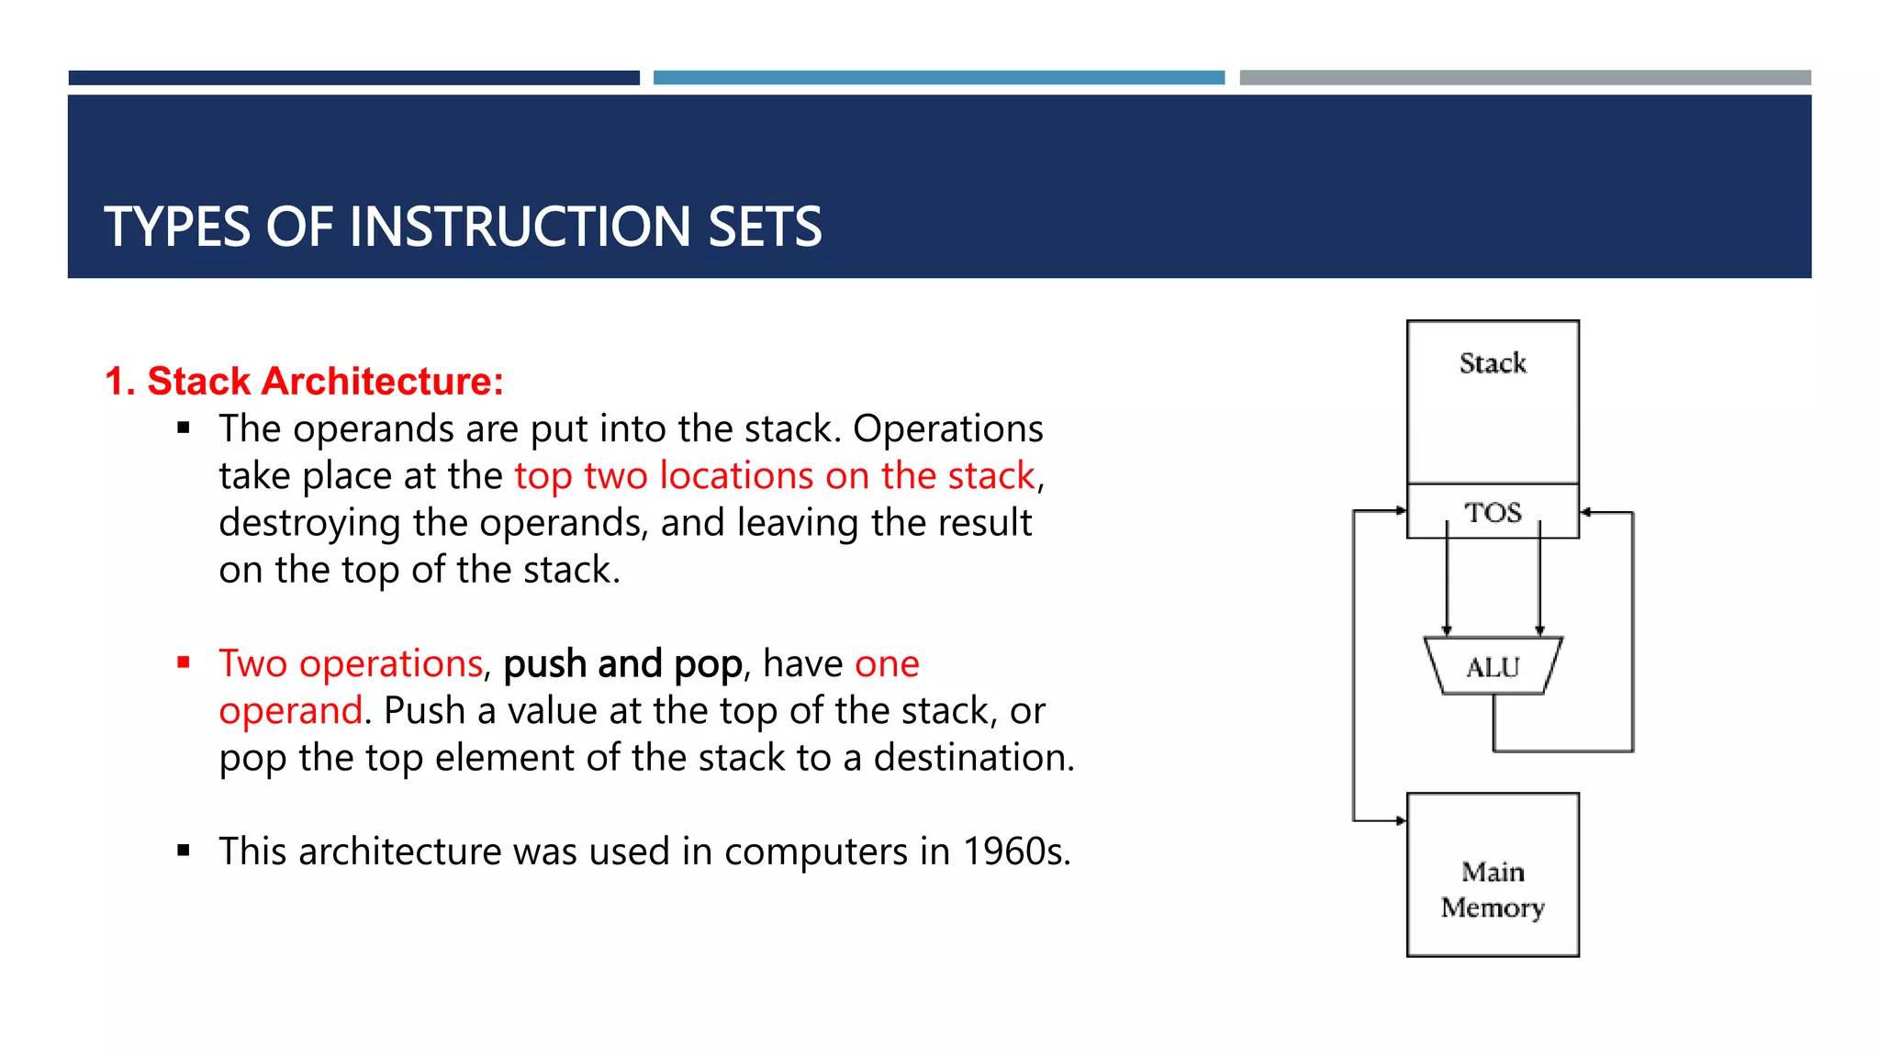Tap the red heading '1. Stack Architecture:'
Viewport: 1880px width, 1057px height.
coord(304,381)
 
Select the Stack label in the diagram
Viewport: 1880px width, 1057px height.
coord(1493,363)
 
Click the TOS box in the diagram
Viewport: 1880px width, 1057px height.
coord(1493,512)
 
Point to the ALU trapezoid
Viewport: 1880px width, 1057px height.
coord(1493,666)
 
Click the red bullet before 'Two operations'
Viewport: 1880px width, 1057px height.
coord(184,662)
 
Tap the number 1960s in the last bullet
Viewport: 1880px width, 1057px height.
coord(1015,851)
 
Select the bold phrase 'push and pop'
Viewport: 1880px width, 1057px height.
coord(622,663)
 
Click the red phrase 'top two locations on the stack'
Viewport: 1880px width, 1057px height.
coord(775,476)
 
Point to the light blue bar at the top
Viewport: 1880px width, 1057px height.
coord(938,78)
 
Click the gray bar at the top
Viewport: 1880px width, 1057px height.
coord(1525,78)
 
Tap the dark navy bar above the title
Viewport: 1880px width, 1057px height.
coord(353,78)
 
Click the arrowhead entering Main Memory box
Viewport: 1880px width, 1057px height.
coord(1401,820)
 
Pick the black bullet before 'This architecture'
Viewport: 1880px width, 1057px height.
coord(184,851)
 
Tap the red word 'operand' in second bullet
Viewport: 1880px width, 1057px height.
coord(291,711)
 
